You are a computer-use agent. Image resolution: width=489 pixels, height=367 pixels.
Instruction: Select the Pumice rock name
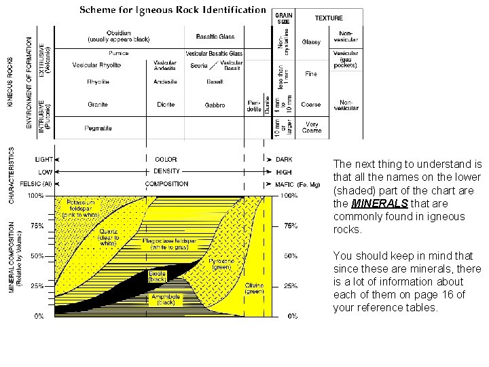click(118, 53)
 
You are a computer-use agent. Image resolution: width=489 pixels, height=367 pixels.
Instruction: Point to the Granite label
click(97, 105)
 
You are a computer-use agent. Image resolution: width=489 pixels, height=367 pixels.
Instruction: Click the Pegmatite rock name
click(98, 128)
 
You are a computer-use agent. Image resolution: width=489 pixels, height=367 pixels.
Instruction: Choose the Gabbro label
click(215, 105)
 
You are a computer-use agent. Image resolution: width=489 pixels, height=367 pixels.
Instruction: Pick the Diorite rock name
click(165, 105)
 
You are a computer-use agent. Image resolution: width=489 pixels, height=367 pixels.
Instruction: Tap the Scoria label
click(199, 65)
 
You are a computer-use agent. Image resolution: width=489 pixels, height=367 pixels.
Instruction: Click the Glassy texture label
click(311, 41)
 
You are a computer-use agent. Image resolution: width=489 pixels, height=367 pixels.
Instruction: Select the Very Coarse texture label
click(311, 128)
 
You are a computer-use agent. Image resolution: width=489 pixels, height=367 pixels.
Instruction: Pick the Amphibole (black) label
click(166, 299)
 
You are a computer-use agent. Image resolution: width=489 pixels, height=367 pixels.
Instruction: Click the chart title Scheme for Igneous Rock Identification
click(173, 10)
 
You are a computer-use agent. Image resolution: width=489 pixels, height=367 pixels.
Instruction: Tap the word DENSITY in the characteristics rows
click(166, 171)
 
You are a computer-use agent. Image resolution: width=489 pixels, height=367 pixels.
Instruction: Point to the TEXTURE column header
click(329, 18)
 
